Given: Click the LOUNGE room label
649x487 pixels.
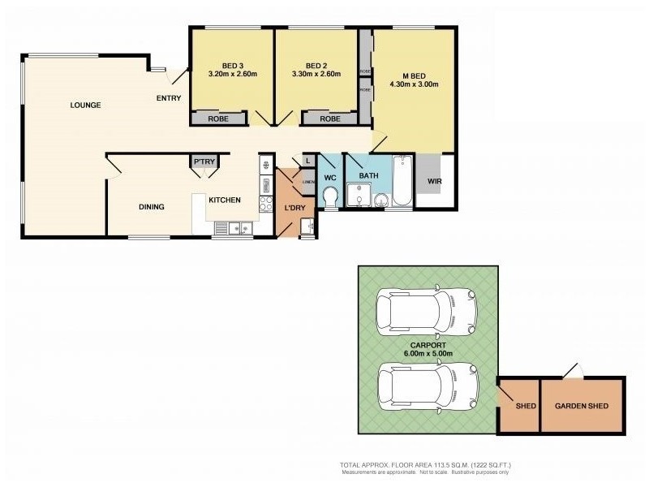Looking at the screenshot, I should [85, 105].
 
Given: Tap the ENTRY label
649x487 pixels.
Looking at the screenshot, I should [169, 99].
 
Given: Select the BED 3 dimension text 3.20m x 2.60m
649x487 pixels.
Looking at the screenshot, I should [232, 74].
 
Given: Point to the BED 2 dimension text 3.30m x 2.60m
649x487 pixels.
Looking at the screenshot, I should [316, 74].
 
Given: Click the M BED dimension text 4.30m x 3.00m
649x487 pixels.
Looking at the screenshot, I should [414, 84].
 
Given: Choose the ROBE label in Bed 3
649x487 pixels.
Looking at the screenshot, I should [218, 119].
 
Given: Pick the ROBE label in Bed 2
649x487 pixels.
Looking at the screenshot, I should [329, 119].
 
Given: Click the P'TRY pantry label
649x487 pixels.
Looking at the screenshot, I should [204, 162].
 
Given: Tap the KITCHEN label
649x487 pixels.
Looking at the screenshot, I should [225, 200].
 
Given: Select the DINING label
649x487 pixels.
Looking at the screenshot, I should [151, 207].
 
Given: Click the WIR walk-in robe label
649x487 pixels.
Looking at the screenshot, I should [436, 182].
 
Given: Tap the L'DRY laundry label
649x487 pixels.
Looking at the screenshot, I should [294, 208].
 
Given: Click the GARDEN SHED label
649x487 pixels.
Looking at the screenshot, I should [581, 406].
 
